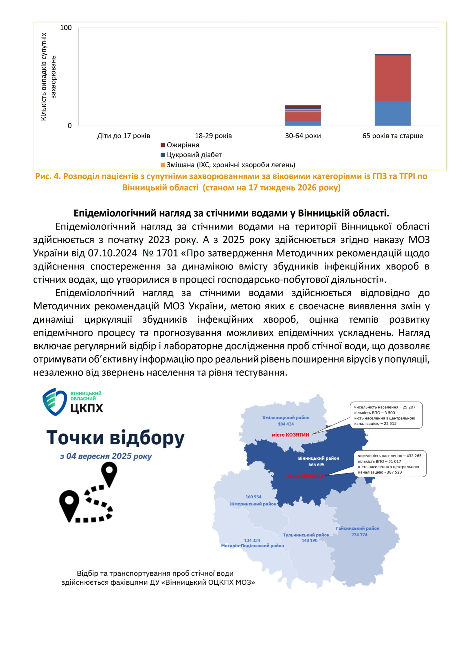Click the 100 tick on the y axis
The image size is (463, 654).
66,28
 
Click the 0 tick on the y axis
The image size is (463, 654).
69,126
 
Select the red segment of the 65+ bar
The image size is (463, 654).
392,78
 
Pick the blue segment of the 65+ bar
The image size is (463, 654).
392,113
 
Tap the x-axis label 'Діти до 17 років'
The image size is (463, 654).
124,136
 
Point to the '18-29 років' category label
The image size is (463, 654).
213,136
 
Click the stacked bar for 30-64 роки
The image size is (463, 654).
303,116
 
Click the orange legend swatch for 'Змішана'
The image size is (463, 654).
163,165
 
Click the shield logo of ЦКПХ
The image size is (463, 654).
54,402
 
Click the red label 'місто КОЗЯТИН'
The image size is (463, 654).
290,435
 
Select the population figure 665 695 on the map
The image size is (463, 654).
316,465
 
